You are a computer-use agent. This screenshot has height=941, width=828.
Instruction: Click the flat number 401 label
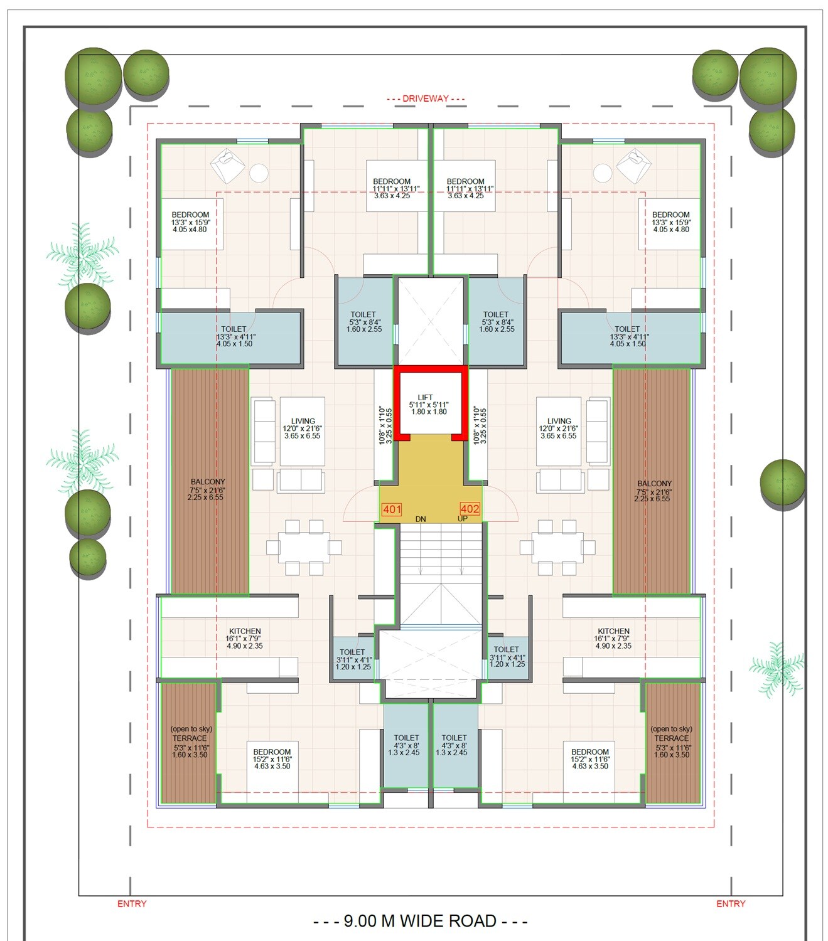(392, 509)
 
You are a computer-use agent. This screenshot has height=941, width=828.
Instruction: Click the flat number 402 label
(470, 509)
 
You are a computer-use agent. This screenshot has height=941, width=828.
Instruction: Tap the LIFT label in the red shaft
(425, 398)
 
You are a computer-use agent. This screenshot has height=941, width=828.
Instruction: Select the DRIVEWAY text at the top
(425, 98)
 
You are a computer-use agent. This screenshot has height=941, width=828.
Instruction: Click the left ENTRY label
(132, 903)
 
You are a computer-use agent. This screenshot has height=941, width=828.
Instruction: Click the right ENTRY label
(731, 903)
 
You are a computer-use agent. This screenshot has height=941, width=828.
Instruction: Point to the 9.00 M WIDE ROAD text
(420, 921)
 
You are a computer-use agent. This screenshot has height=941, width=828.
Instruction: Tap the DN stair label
(421, 519)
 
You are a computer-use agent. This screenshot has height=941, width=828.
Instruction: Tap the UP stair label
(463, 519)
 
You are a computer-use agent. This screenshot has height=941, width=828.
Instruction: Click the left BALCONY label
(207, 482)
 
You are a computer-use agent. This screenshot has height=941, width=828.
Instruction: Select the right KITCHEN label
(613, 631)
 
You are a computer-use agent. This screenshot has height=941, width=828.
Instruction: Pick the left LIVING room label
(303, 422)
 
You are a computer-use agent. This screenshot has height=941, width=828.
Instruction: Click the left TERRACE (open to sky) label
(190, 738)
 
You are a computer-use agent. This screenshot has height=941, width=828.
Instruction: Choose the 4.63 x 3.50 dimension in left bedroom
(272, 766)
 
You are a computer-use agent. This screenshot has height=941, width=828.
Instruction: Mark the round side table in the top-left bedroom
(258, 173)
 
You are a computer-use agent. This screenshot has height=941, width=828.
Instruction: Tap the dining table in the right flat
(557, 546)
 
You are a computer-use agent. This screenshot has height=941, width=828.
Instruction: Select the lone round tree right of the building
(782, 482)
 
